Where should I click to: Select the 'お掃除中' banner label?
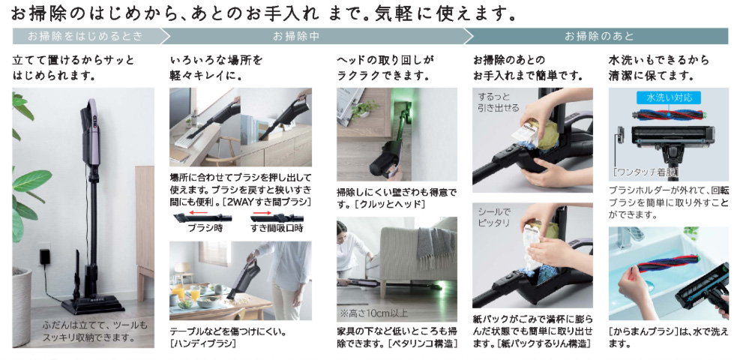tap(296, 36)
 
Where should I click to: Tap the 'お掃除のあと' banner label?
tap(599, 36)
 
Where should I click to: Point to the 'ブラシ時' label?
tap(205, 229)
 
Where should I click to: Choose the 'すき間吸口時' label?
tap(277, 229)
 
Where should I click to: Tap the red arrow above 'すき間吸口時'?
tap(262, 213)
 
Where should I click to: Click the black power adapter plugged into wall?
tap(45, 257)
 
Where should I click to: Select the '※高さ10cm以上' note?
tap(375, 313)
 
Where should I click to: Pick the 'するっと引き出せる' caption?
tap(499, 103)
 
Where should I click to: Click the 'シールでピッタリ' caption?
tap(495, 217)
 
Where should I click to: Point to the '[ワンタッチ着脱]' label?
tap(646, 172)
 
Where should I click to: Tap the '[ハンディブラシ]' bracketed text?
tap(202, 344)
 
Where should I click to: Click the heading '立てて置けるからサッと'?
tap(73, 61)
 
